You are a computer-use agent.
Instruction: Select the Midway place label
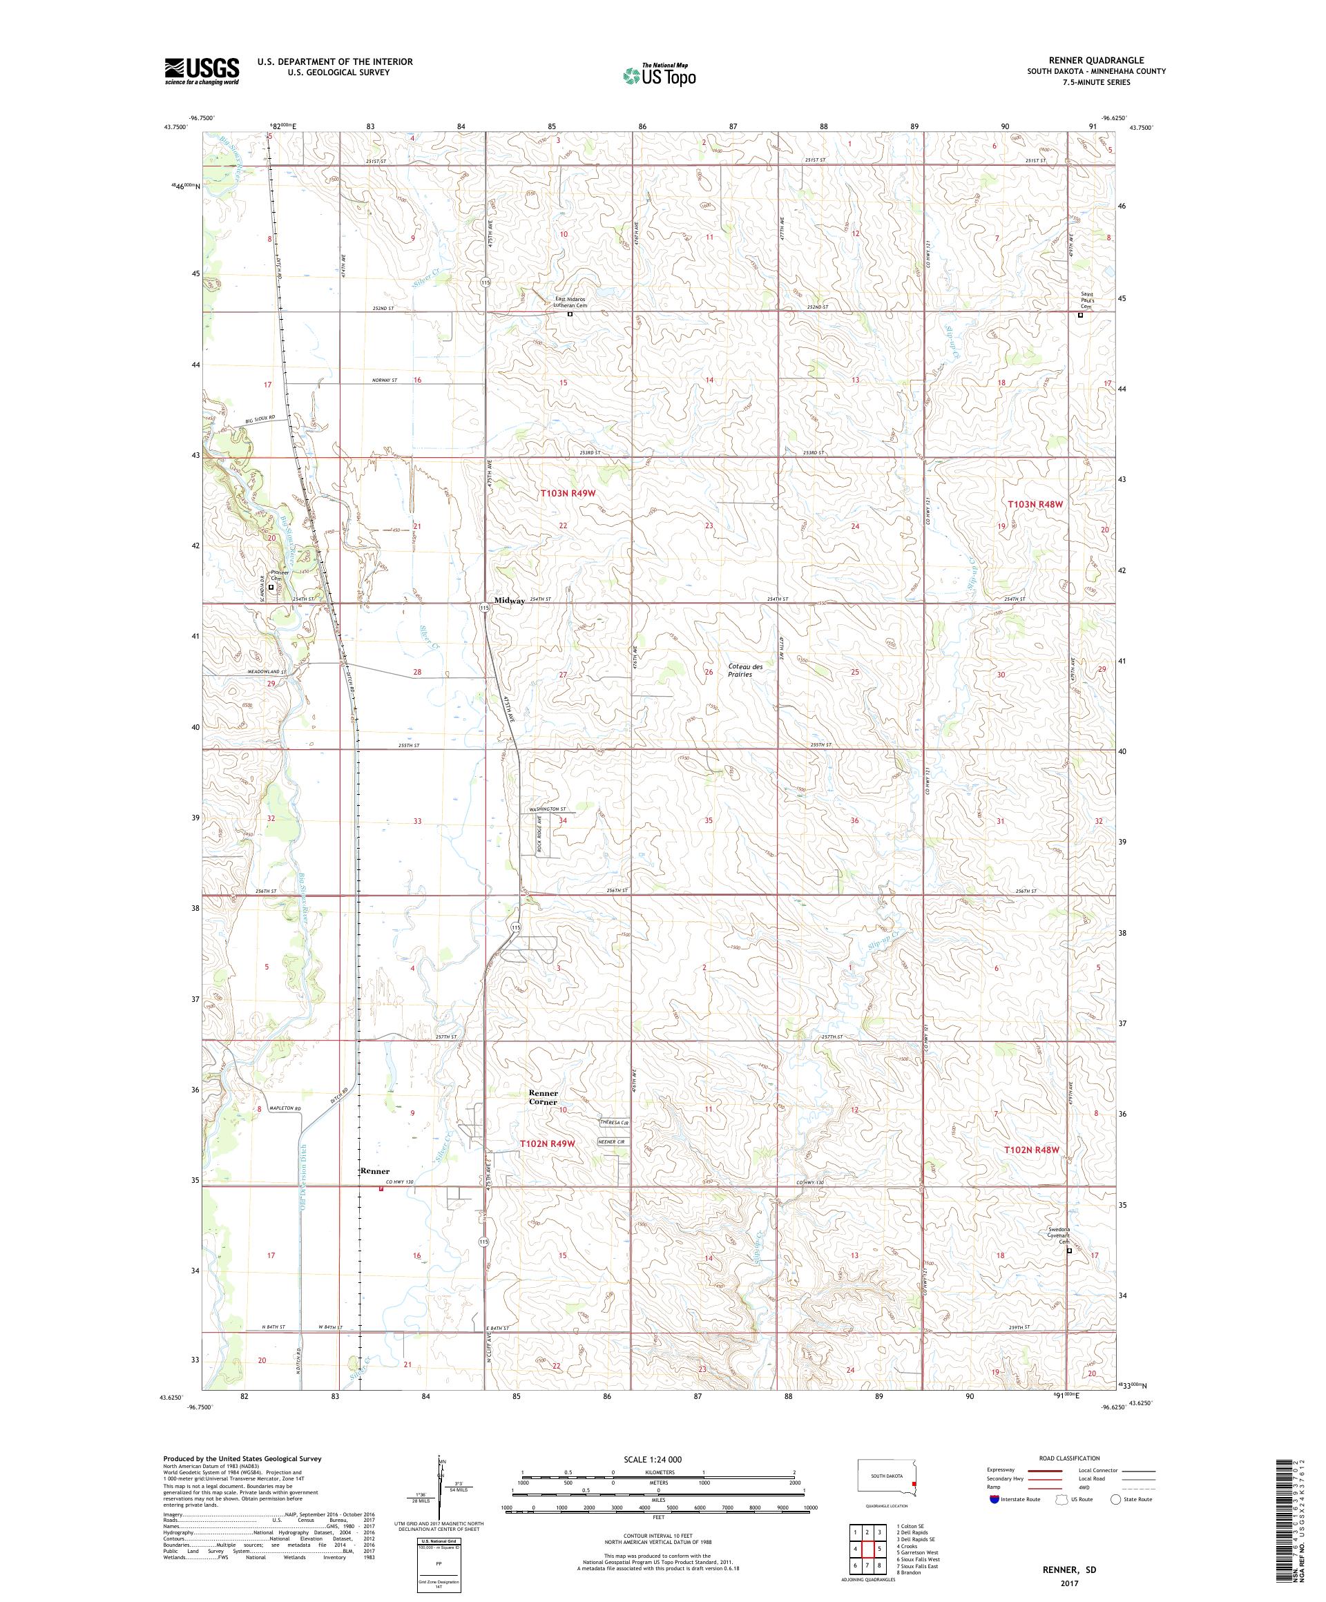(509, 601)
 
